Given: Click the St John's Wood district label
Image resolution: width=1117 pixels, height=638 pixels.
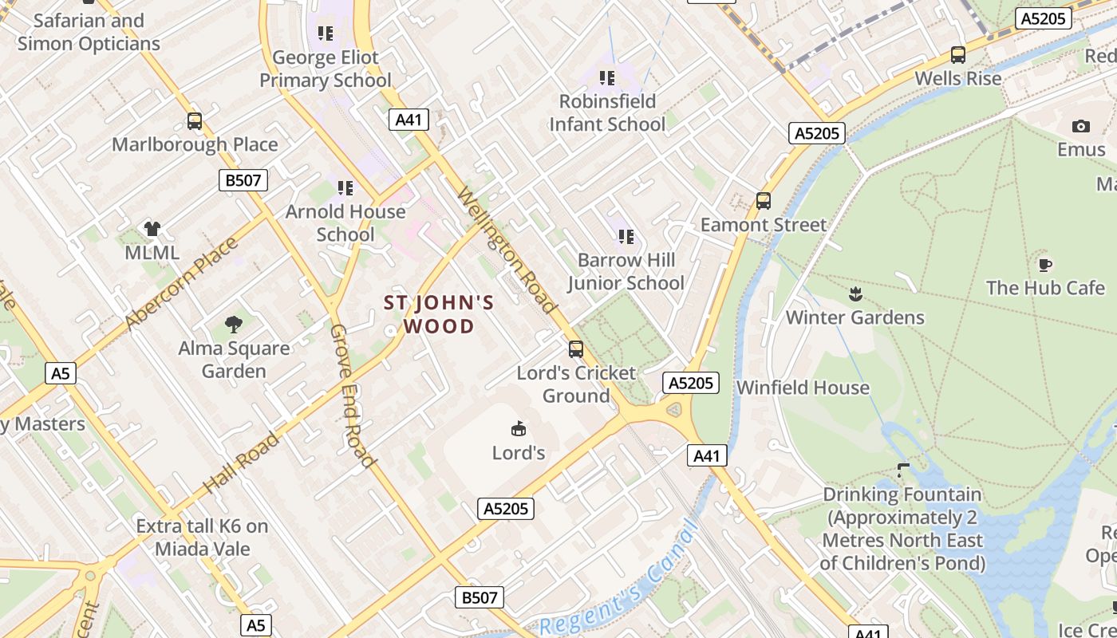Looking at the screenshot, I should coord(440,314).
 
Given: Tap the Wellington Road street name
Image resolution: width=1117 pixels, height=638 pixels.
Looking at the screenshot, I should coord(506,250).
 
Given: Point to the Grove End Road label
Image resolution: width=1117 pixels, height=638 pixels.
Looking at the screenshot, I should coord(352,396).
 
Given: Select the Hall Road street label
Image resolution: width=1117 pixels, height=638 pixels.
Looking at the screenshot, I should coord(242,463).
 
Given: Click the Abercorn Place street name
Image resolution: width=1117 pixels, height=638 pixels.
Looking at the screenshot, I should coord(181,284).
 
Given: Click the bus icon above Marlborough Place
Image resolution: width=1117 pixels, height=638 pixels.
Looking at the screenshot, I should coord(195,121).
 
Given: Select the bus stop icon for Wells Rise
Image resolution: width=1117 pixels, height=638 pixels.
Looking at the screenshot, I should coord(958,55).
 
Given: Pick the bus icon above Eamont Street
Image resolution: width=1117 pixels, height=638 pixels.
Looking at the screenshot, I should coord(764,201).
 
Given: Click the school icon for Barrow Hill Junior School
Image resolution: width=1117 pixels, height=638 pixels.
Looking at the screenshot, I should coord(626,236).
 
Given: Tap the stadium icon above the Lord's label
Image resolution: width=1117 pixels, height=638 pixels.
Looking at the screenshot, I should coord(519,429).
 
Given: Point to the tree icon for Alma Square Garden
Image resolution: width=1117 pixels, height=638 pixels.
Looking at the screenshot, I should coord(233,325).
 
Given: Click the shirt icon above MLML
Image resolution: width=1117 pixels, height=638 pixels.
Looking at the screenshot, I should coord(152,230).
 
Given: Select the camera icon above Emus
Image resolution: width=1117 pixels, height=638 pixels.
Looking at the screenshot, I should coord(1081,126).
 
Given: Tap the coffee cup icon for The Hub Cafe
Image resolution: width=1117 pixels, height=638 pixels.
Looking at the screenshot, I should coord(1045,265).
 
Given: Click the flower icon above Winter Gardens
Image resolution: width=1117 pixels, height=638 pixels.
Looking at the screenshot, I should coord(855,293).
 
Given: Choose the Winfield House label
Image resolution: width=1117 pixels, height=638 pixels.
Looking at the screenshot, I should coord(803,388).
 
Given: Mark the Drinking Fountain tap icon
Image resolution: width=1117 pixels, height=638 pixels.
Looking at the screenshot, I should coord(903,471).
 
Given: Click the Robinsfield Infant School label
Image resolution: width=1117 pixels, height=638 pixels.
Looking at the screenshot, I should coord(607,112).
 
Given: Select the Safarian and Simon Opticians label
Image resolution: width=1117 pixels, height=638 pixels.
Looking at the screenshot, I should coord(89,32).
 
